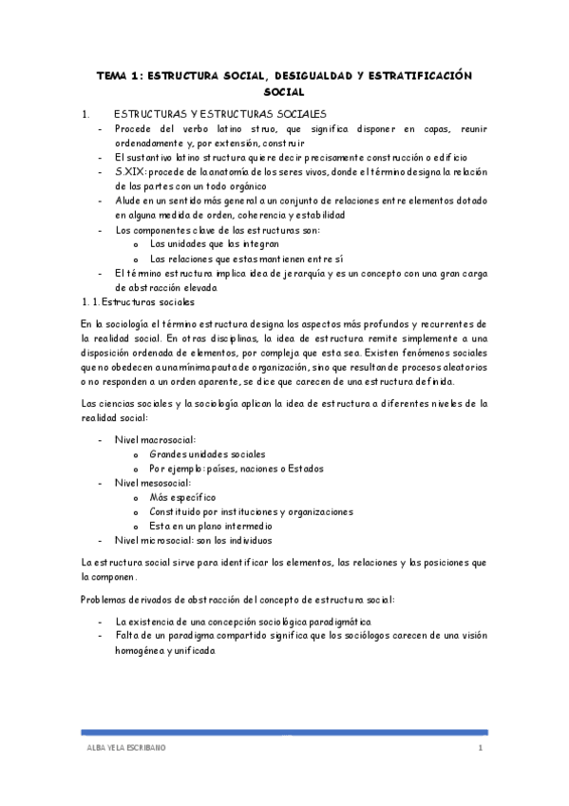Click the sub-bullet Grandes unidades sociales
tap(207, 455)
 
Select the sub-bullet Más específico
tap(182, 497)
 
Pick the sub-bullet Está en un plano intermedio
tap(211, 526)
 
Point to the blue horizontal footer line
tap(285, 733)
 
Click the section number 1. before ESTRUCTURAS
tap(85, 112)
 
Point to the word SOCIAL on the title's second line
tap(284, 92)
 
